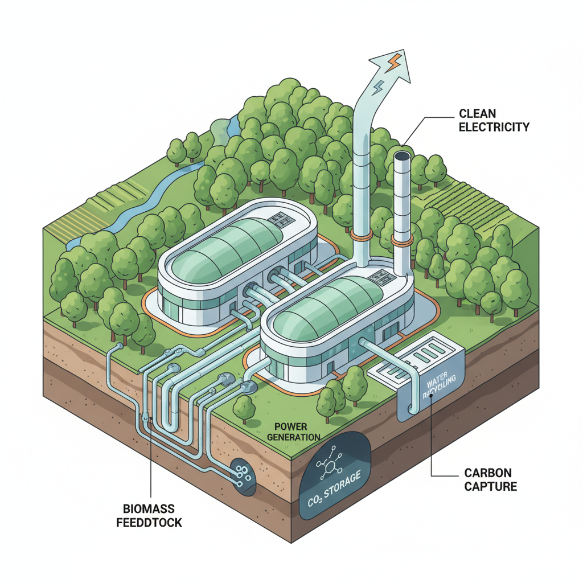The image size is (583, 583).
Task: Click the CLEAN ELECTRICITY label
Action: click(x=494, y=120)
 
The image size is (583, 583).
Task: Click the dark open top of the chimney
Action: click(x=403, y=155)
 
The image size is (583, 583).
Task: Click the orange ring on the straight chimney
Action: click(x=402, y=242)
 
